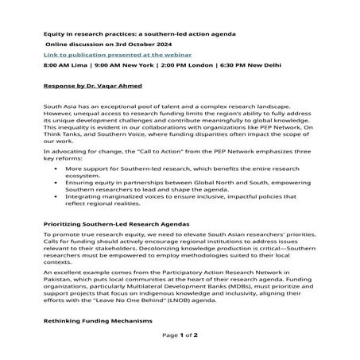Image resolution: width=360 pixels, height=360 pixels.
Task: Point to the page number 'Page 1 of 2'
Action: pos(180,336)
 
